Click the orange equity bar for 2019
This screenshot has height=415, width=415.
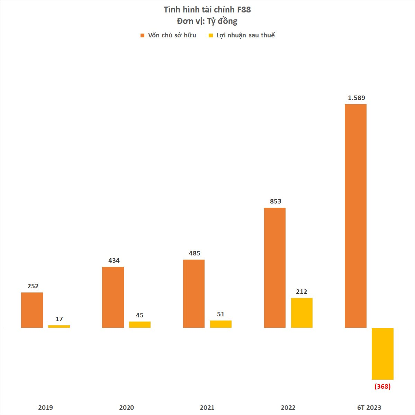coord(32,310)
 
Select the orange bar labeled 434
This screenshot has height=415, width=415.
coord(113,297)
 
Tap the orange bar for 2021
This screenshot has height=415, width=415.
coord(194,294)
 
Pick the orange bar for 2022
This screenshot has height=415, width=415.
coord(275,268)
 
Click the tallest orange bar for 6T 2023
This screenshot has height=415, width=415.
coord(355,216)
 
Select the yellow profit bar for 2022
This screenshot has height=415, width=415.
coord(302,313)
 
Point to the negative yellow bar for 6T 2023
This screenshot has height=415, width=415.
coord(382,354)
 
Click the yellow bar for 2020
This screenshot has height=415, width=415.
coord(140,325)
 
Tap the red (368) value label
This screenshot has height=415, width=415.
coord(382,387)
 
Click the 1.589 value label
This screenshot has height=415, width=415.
coord(357,98)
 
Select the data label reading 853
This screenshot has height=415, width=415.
coord(276,201)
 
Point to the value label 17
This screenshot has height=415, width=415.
coord(59,319)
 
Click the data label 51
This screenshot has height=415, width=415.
coord(221,314)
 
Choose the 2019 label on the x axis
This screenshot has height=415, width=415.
coord(46,407)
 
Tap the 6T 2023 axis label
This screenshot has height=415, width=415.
coord(369,407)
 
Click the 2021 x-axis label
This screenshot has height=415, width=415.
coord(207,407)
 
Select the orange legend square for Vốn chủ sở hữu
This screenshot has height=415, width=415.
coord(142,35)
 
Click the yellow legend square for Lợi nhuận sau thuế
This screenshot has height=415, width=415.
coord(211,35)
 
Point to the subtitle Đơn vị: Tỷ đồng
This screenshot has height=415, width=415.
coord(207,21)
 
